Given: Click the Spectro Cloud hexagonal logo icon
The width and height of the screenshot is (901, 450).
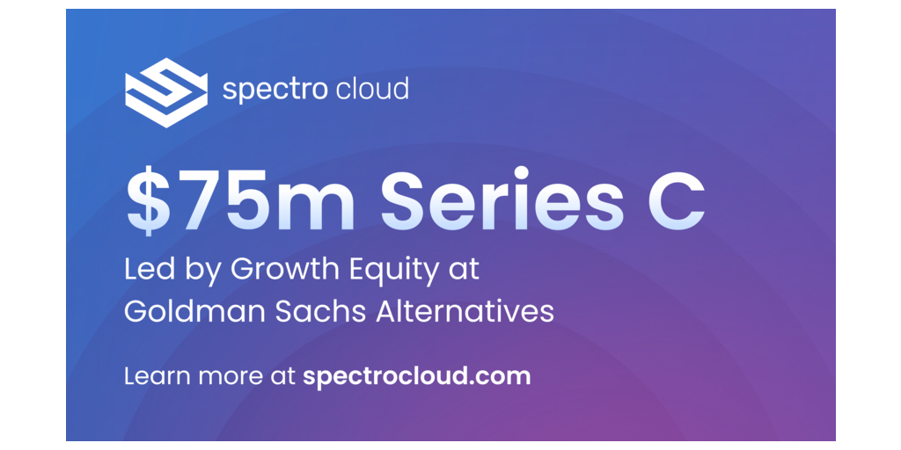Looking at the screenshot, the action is pyautogui.click(x=166, y=92).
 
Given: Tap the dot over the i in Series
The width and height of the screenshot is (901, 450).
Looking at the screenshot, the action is pyautogui.click(x=521, y=173).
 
